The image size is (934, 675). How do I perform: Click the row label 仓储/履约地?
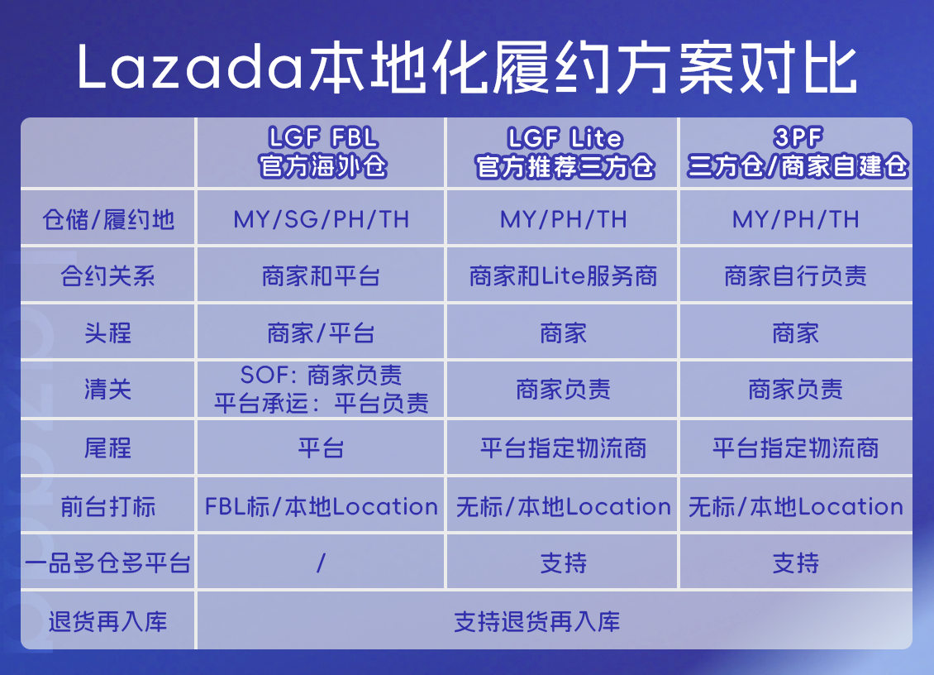point(108,220)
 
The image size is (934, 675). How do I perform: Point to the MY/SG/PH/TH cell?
point(322,220)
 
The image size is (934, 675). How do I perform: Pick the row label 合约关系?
point(108,276)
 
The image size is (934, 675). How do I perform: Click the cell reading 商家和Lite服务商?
point(564,276)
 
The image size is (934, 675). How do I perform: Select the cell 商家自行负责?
point(796,276)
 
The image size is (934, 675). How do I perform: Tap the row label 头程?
point(108,333)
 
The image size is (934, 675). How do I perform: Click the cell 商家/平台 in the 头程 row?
point(322,333)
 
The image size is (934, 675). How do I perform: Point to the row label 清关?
point(108,390)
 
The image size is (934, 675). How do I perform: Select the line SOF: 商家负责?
point(322,376)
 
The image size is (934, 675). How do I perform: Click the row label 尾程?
point(108,448)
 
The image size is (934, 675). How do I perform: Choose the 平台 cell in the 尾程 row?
point(322,448)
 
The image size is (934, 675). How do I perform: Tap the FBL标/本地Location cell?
point(322,506)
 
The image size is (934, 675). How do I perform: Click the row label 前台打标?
point(108,506)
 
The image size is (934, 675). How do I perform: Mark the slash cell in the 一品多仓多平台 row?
point(321,564)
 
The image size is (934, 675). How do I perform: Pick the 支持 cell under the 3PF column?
point(796,564)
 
